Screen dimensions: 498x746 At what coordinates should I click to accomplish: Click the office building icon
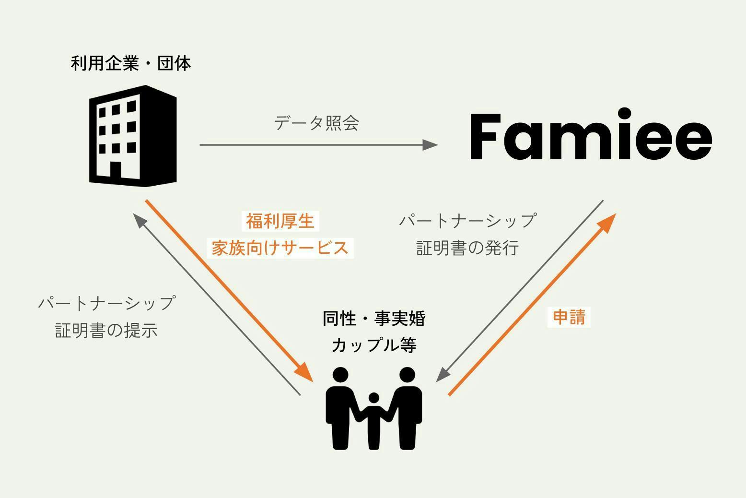coord(133,136)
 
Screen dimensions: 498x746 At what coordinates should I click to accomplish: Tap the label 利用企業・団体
coord(131,63)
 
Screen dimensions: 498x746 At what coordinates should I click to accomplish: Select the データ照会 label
coord(317,123)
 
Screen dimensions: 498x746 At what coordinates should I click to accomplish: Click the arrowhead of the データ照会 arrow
coord(430,144)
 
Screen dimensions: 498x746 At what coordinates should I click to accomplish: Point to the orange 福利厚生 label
coord(280,221)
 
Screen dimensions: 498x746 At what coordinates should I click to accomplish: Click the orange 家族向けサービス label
coord(280,248)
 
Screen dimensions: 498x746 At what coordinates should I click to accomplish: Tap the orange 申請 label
coord(569,317)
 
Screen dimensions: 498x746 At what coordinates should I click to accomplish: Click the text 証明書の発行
coord(467,248)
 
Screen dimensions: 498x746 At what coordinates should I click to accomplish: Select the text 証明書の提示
coord(106,331)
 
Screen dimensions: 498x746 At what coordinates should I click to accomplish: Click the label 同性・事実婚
coord(374,319)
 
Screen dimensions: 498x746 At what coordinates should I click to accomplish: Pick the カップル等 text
coord(374,345)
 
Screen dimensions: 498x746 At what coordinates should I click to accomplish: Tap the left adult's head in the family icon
coord(340,376)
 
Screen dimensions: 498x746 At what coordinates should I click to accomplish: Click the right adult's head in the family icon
coord(407,376)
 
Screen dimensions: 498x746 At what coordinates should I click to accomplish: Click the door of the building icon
coord(116,170)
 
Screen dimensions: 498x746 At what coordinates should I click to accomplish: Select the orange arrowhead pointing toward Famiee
coord(608,221)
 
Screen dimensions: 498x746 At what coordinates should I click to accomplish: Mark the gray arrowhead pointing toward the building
coord(140,220)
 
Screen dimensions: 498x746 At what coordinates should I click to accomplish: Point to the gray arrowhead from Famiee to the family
coord(443,375)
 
